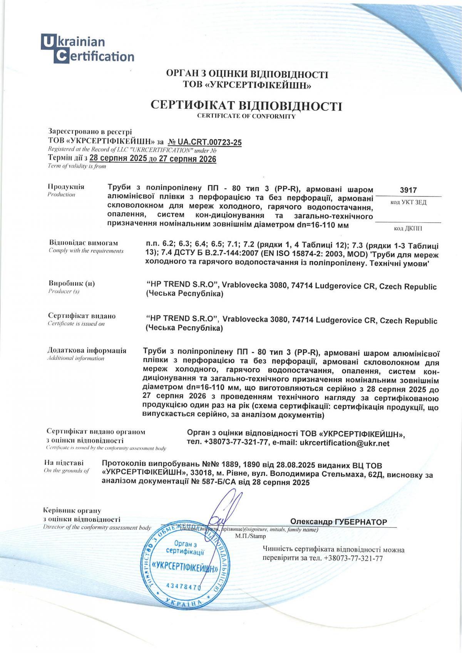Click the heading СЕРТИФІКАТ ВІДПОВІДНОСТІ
246,106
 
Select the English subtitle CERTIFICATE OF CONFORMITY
246,116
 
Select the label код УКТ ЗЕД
408,203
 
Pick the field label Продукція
66,187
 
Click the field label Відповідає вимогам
84,243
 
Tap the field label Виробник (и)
72,283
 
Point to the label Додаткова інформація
87,350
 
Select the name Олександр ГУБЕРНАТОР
338,522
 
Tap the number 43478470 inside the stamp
183,586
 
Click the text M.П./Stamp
250,536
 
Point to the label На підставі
64,463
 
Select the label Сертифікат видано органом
95,432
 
